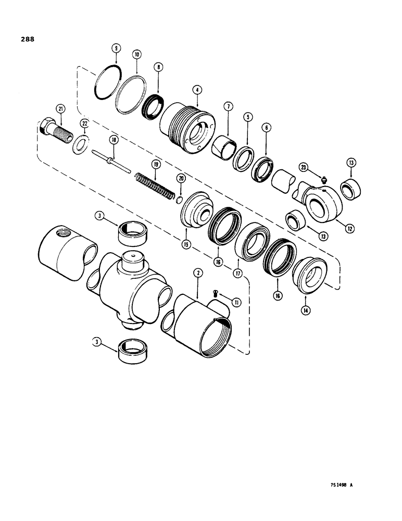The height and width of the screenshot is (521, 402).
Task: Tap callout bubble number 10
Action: (x=136, y=54)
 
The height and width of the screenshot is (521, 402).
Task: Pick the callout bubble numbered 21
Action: (x=61, y=108)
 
